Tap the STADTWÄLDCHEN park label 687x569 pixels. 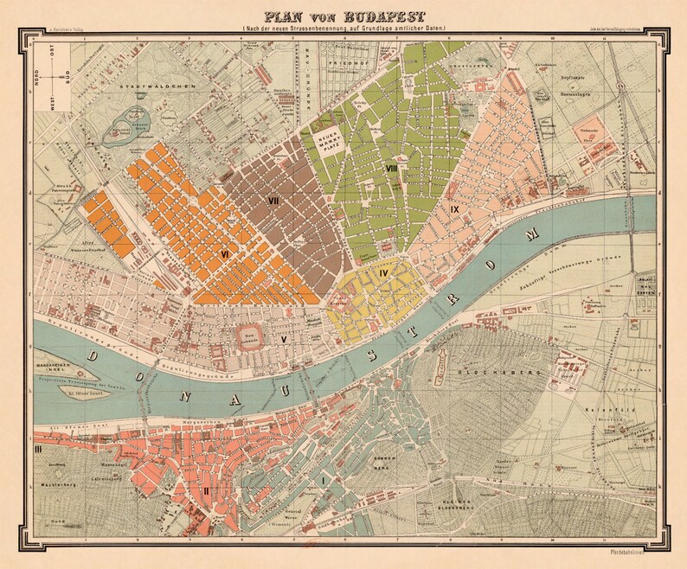pos(165,88)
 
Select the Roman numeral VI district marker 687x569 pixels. pos(225,254)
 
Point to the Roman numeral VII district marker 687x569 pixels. pos(275,201)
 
